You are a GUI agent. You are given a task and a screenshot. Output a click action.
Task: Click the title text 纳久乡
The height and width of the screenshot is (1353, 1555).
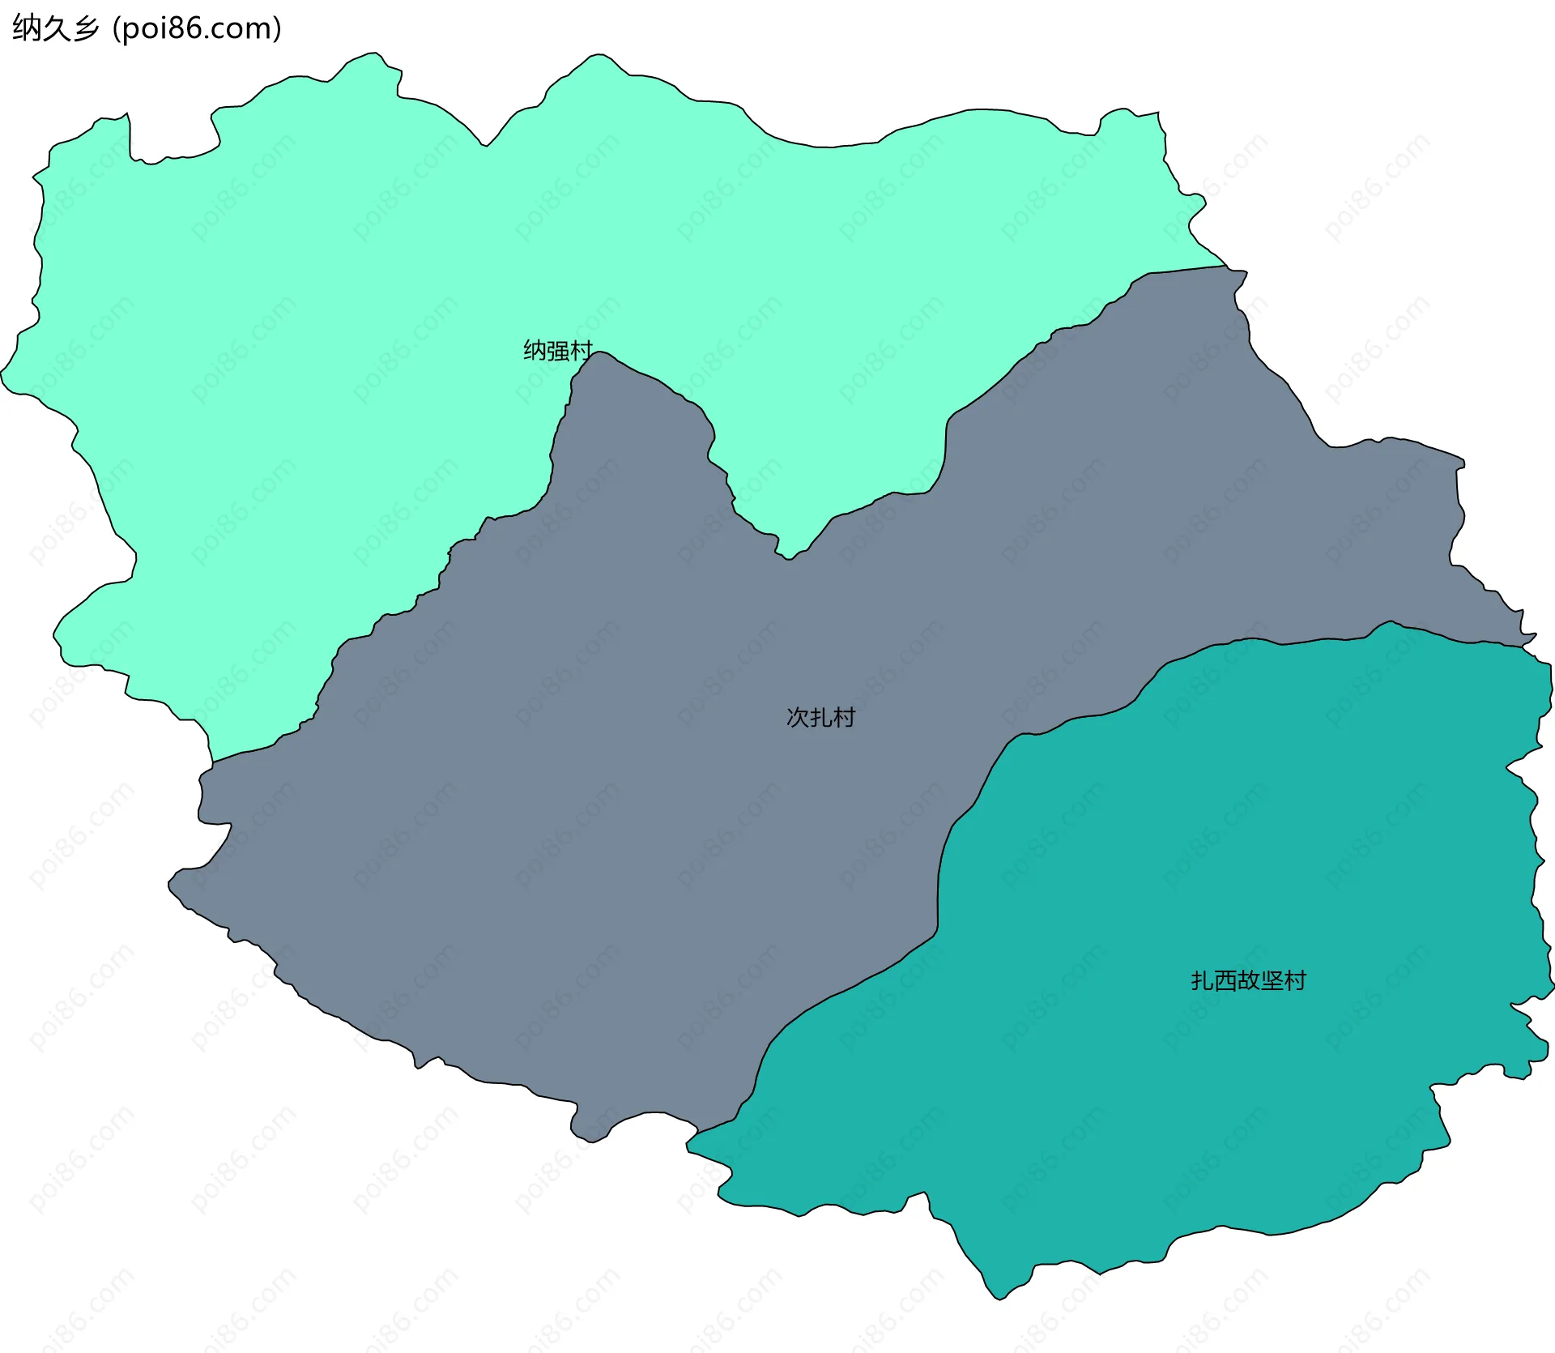click(55, 28)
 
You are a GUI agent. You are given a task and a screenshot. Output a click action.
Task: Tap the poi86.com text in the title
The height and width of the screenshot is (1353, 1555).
click(198, 28)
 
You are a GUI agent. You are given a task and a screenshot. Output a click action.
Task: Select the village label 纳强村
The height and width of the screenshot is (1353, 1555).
click(558, 351)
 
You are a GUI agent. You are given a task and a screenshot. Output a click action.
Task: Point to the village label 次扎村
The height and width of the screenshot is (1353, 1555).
click(820, 718)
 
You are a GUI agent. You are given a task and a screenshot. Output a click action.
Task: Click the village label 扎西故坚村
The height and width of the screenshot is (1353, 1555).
click(1248, 981)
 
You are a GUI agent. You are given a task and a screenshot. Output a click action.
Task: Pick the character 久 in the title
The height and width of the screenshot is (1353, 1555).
click(56, 28)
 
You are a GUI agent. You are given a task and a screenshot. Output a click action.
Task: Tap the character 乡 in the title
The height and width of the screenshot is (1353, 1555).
click(86, 28)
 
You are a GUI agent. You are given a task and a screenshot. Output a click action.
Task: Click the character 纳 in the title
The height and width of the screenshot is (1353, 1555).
click(26, 28)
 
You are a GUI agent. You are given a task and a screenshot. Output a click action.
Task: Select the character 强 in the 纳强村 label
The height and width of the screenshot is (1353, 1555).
click(558, 351)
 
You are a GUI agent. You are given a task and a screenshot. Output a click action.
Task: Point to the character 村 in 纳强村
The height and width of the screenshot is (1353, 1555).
click(582, 351)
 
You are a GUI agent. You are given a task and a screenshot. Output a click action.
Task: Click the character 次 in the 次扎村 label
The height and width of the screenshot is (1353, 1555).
click(798, 718)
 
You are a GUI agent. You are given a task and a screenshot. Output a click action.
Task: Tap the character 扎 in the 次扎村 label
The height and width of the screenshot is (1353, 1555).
click(820, 718)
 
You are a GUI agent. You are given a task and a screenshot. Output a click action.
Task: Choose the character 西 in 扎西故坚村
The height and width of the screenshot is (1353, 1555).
click(1225, 981)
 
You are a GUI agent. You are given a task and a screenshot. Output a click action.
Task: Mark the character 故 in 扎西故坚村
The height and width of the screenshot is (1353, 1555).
click(1248, 981)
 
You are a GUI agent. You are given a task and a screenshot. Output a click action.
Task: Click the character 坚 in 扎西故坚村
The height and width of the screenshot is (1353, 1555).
click(1272, 981)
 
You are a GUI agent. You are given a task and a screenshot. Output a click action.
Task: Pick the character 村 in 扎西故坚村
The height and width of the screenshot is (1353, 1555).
click(1295, 981)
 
